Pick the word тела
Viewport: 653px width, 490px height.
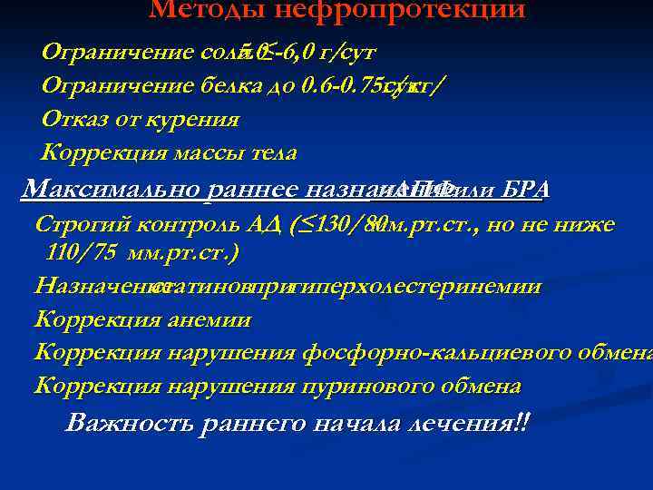click(271, 152)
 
